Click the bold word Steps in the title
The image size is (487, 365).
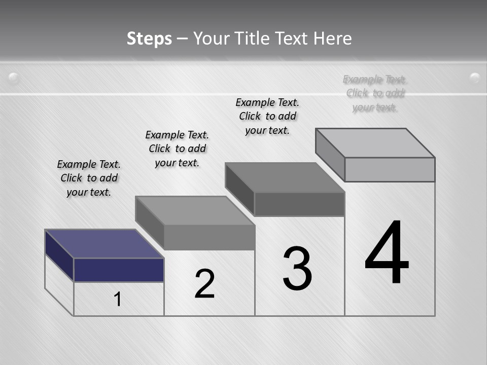[x=149, y=39]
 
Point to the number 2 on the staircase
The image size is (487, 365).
[x=204, y=284]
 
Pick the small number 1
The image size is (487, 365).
[x=117, y=299]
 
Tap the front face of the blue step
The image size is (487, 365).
[x=119, y=270]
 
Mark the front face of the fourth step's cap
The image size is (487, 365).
[x=390, y=169]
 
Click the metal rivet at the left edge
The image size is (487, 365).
[x=14, y=78]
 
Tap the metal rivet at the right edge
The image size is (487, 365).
[x=475, y=78]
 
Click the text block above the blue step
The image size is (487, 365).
[x=89, y=178]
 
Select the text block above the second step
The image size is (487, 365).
[x=177, y=149]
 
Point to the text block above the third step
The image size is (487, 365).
[x=267, y=116]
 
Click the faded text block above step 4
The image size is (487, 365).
[x=375, y=93]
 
